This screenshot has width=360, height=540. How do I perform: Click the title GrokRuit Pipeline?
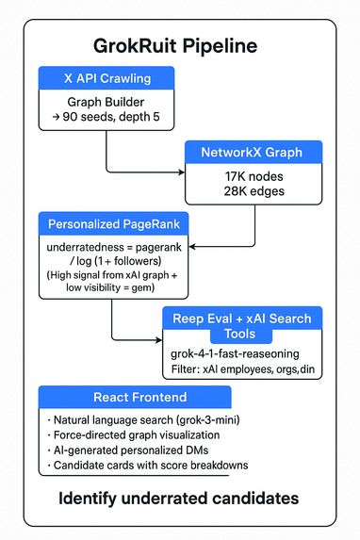coord(179,46)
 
